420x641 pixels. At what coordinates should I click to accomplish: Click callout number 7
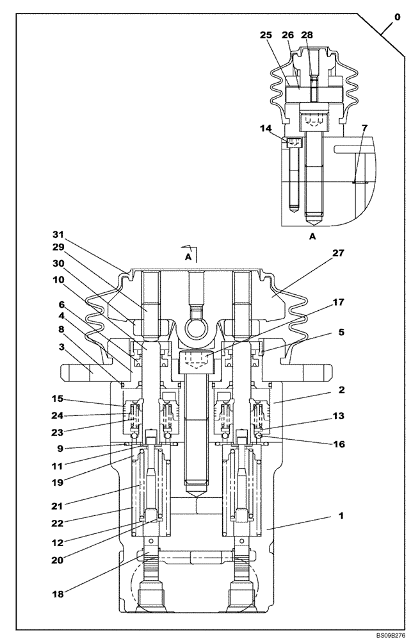click(x=364, y=128)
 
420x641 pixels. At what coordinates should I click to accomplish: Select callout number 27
click(x=339, y=254)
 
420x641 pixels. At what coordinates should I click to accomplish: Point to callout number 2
click(x=342, y=390)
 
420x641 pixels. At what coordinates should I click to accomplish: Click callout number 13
click(x=339, y=416)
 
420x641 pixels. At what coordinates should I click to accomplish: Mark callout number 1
click(x=342, y=515)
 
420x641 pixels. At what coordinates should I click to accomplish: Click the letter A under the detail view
click(x=312, y=237)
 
